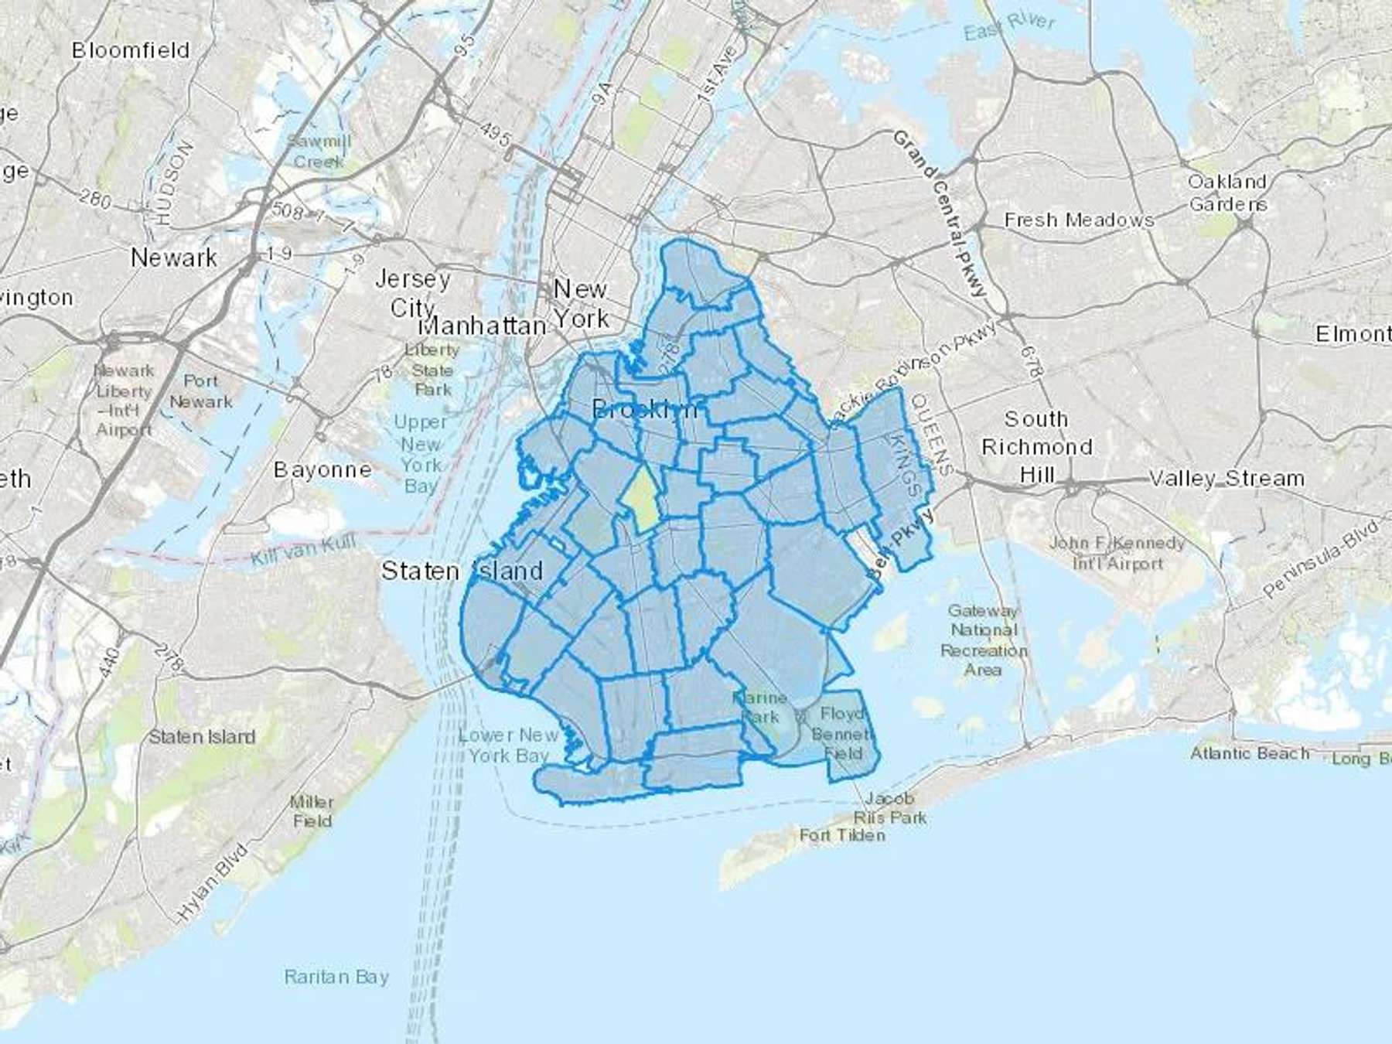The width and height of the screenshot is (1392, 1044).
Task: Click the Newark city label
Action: click(x=174, y=258)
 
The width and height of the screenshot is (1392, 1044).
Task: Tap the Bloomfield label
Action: click(x=131, y=50)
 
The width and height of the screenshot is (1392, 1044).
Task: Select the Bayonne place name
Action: click(x=322, y=469)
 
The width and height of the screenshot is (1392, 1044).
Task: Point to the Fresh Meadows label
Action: click(x=1079, y=220)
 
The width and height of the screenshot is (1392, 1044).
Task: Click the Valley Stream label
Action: click(x=1227, y=479)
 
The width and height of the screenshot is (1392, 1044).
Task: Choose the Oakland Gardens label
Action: click(x=1227, y=193)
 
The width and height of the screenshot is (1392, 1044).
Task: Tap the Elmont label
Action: click(x=1353, y=334)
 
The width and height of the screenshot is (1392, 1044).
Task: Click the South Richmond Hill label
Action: click(x=1036, y=447)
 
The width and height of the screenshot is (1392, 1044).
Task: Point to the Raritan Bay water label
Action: click(x=336, y=977)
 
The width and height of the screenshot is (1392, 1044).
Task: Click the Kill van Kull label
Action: click(x=303, y=551)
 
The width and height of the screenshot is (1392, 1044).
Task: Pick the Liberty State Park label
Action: click(x=432, y=370)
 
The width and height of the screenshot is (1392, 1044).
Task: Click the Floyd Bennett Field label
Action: click(x=843, y=732)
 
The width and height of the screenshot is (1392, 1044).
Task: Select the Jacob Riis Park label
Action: click(x=890, y=807)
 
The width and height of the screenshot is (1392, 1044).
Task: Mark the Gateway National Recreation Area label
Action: click(x=983, y=640)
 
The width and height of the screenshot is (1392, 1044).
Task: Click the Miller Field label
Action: click(x=312, y=811)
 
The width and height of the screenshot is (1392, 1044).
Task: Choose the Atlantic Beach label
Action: click(x=1250, y=753)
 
